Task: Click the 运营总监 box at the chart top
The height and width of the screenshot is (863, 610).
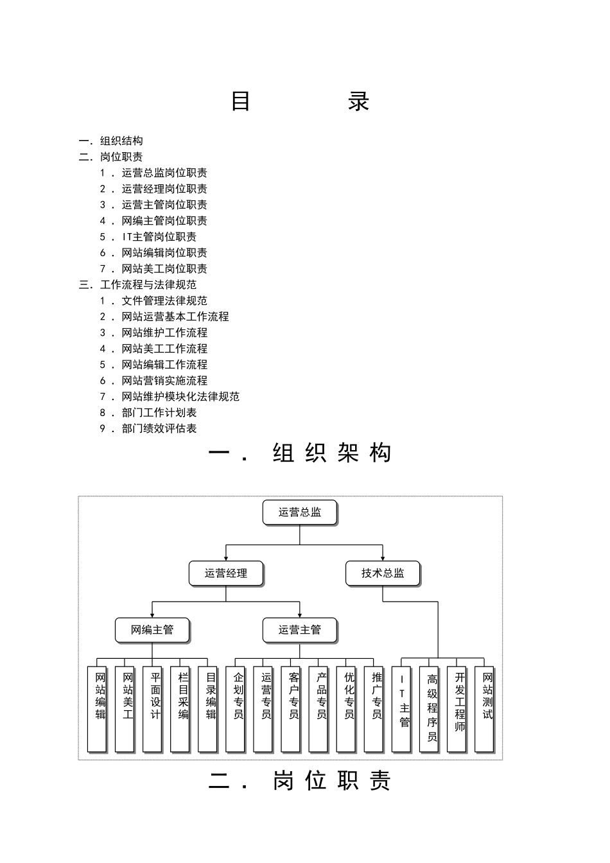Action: click(x=300, y=512)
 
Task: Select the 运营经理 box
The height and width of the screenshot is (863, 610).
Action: click(x=226, y=573)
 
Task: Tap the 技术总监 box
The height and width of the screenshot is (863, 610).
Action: click(x=383, y=573)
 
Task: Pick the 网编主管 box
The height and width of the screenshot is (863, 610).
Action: click(x=152, y=630)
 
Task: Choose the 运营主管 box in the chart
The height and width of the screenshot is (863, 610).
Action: click(x=300, y=630)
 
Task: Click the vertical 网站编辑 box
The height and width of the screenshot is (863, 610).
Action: click(x=97, y=708)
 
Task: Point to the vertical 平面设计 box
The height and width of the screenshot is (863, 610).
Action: click(x=152, y=708)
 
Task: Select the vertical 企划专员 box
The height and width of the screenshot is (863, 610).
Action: click(x=236, y=708)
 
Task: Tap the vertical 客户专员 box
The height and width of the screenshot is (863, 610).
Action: click(x=291, y=708)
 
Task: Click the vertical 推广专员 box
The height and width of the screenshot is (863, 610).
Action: click(x=374, y=708)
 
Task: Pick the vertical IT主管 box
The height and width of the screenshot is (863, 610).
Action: click(x=401, y=708)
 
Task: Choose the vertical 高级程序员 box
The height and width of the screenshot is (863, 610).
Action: click(x=429, y=708)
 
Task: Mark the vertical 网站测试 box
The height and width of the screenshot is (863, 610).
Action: click(x=484, y=708)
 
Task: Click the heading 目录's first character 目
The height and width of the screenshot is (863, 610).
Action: click(x=241, y=101)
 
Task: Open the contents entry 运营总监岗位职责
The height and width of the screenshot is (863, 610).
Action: click(x=164, y=173)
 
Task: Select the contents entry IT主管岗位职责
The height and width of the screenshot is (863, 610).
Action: click(x=159, y=237)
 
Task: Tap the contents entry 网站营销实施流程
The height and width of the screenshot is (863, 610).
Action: click(x=164, y=381)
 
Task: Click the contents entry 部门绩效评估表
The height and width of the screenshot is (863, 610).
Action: click(x=159, y=429)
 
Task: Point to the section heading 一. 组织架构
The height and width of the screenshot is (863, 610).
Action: click(x=300, y=453)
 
